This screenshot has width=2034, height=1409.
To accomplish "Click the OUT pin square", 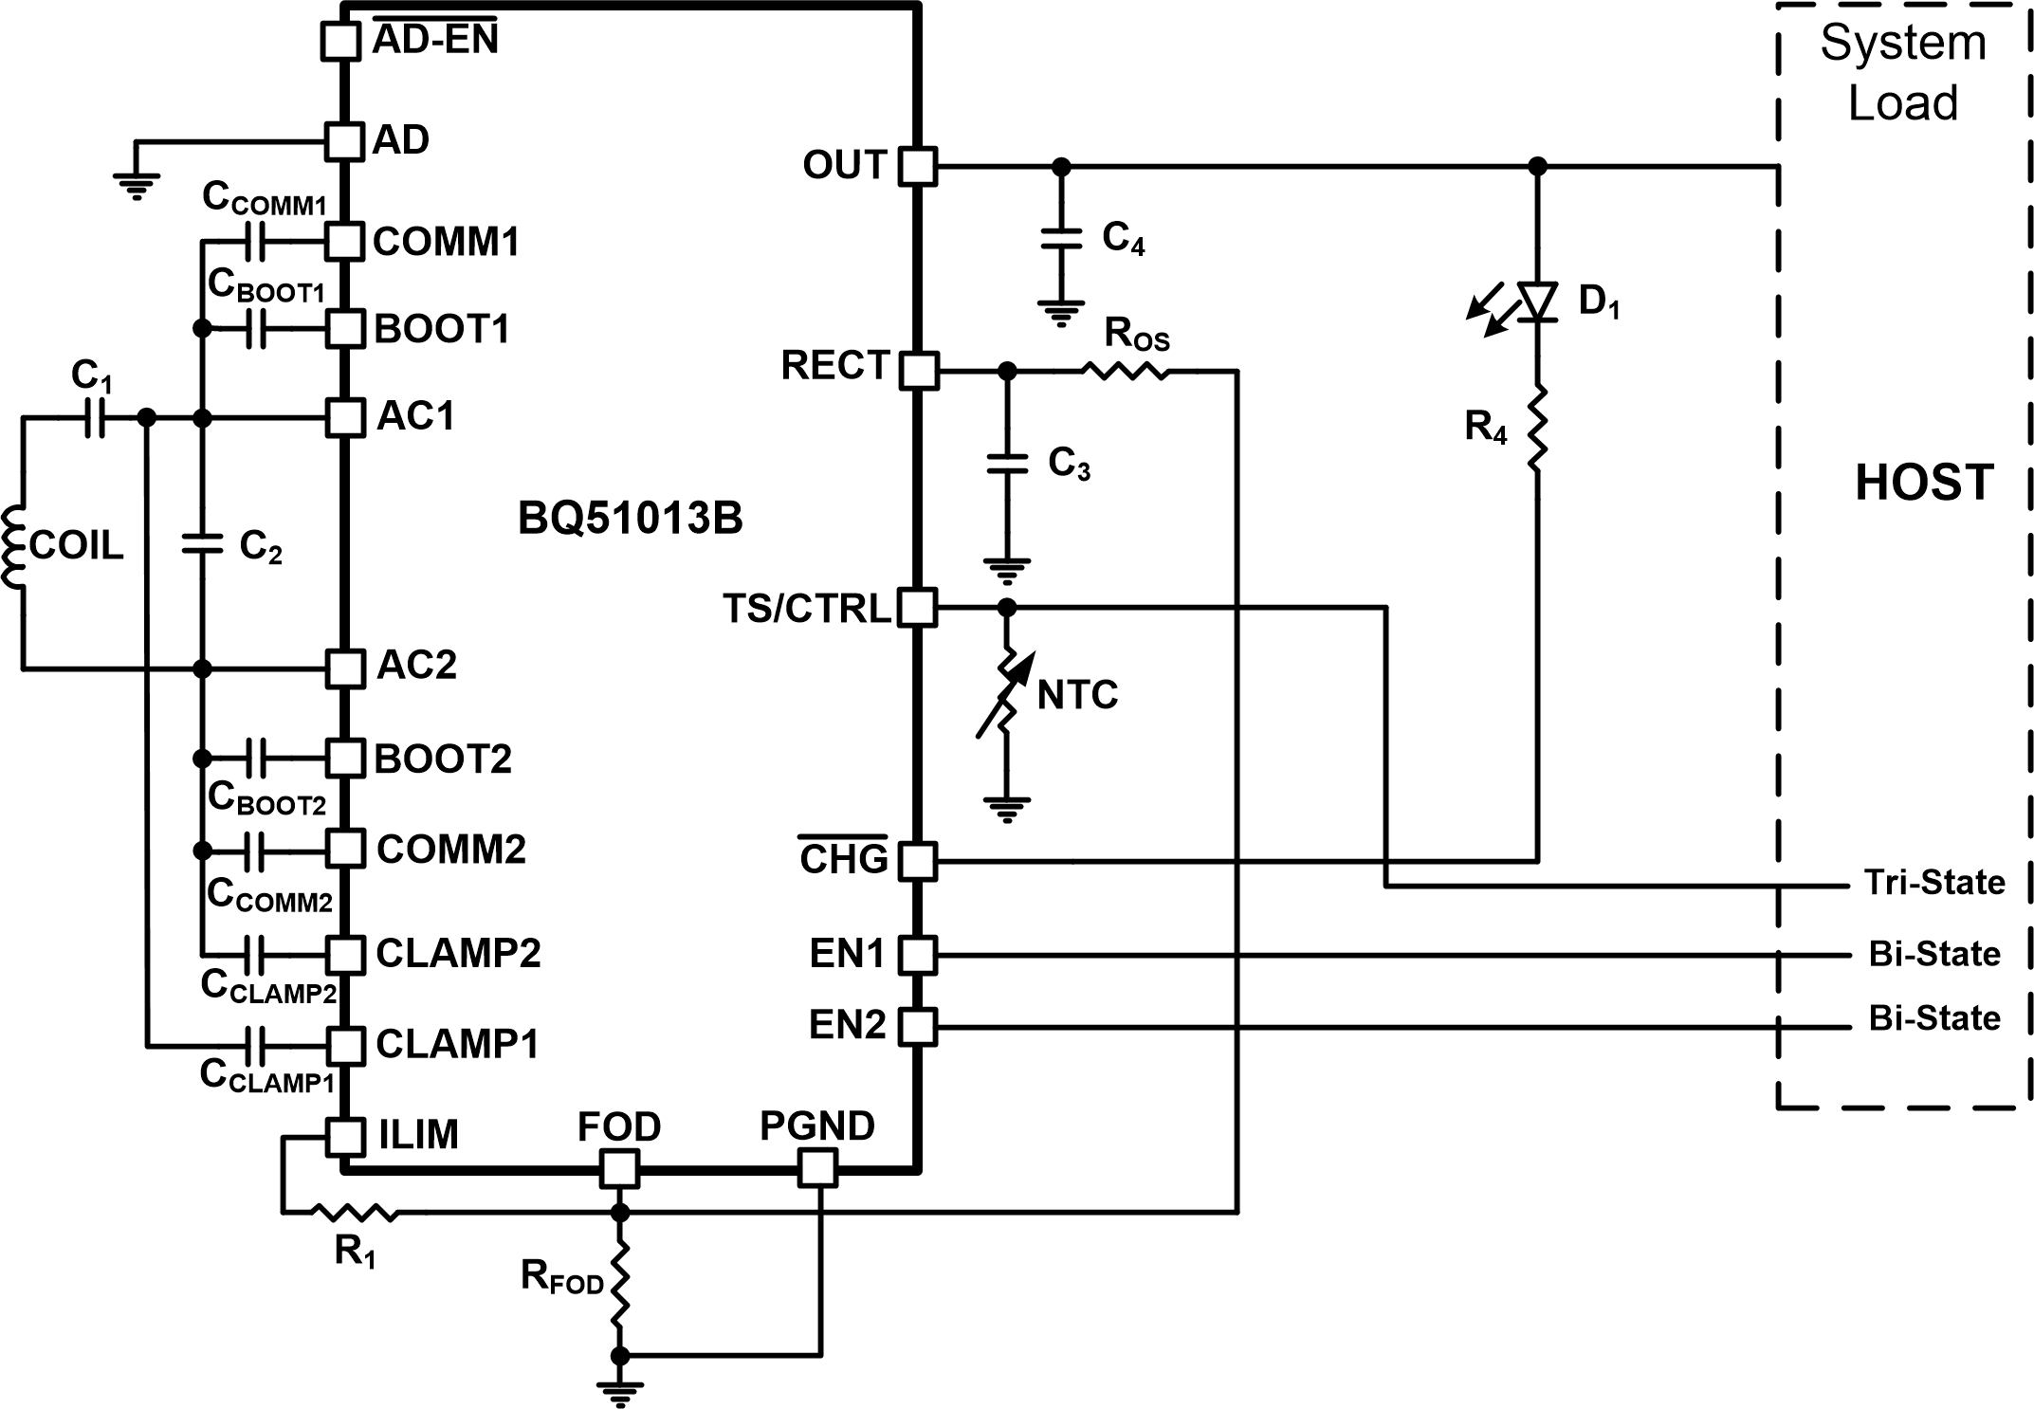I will tap(917, 167).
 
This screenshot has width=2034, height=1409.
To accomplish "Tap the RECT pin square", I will tap(917, 371).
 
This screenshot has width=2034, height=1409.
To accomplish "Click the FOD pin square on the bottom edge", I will tap(619, 1168).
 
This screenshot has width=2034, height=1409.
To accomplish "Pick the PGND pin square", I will tap(817, 1168).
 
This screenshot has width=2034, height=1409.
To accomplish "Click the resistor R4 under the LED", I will tap(1537, 427).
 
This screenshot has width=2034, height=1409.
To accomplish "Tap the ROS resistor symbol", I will tap(1126, 371).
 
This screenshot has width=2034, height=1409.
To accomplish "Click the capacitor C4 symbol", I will tap(1061, 238).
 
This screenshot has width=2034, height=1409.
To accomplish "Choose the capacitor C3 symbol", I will tap(1007, 464).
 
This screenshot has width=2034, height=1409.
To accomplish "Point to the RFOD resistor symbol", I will tap(619, 1285).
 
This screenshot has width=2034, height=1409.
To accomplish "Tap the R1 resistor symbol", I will tap(355, 1212).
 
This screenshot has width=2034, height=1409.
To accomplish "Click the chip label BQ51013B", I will tap(630, 519).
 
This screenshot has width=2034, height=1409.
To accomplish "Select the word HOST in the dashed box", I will tap(1924, 483).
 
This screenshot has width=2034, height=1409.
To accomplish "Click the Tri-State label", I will tap(1934, 883).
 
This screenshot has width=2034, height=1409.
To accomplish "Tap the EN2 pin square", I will tap(917, 1026).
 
